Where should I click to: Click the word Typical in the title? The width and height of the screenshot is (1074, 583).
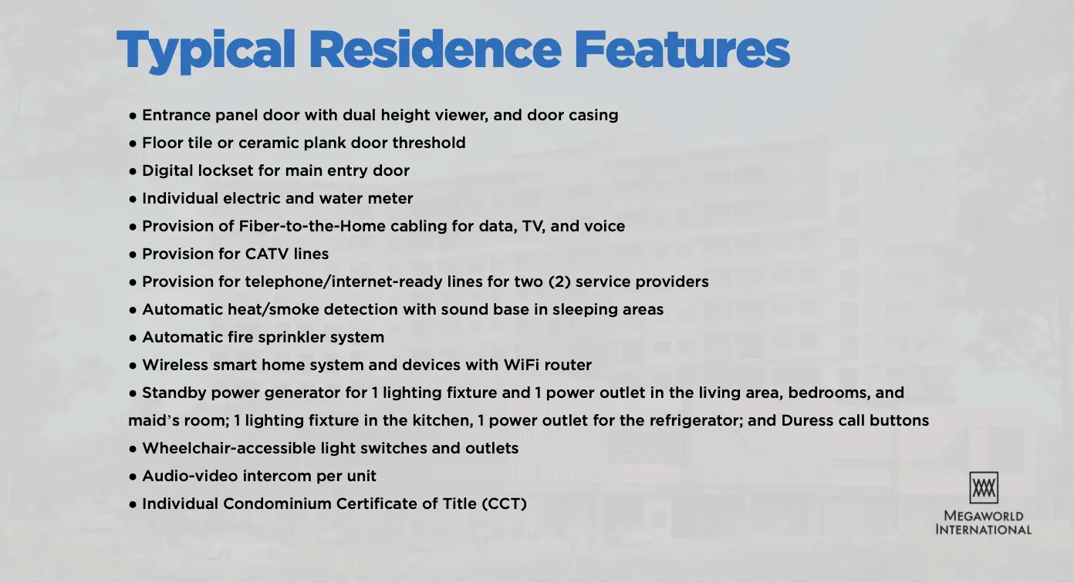(x=205, y=50)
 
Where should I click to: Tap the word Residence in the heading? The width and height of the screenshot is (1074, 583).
(x=435, y=49)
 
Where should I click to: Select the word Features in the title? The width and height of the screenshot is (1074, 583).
(x=682, y=49)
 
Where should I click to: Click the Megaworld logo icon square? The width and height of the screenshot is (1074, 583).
(x=984, y=487)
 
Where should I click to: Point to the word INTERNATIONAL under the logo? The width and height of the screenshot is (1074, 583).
(x=984, y=530)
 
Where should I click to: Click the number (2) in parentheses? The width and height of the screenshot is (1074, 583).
(x=559, y=281)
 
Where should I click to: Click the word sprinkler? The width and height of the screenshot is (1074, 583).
(x=288, y=338)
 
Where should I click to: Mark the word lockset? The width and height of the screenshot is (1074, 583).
(x=225, y=170)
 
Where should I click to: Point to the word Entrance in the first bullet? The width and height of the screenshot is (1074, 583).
(x=177, y=115)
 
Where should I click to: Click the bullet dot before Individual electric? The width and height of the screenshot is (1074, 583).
(x=133, y=199)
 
